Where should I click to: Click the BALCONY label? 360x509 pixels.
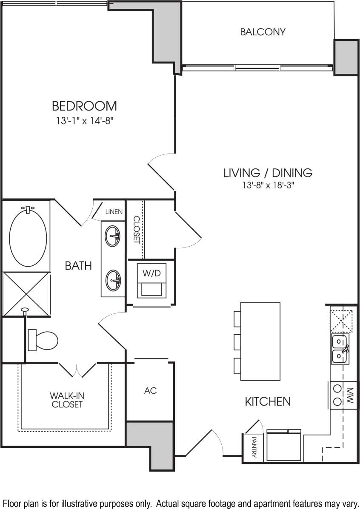pyautogui.click(x=263, y=32)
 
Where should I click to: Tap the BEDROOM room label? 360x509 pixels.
pyautogui.click(x=84, y=105)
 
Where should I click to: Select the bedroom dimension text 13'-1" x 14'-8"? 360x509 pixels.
pyautogui.click(x=84, y=121)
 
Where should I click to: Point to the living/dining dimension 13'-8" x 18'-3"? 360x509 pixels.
pyautogui.click(x=268, y=185)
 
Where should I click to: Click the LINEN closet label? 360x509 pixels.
pyautogui.click(x=114, y=212)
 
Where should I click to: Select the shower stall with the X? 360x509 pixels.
pyautogui.click(x=26, y=293)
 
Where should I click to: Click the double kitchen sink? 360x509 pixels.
pyautogui.click(x=340, y=349)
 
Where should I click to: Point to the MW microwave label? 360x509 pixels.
pyautogui.click(x=350, y=395)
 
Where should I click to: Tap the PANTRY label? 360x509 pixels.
pyautogui.click(x=254, y=447)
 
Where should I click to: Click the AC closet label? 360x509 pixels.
pyautogui.click(x=150, y=390)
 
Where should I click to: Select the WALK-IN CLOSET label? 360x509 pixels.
pyautogui.click(x=67, y=400)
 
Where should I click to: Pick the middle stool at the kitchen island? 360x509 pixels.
pyautogui.click(x=237, y=341)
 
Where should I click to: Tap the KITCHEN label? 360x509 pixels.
pyautogui.click(x=268, y=401)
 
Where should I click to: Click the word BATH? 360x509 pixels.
pyautogui.click(x=78, y=266)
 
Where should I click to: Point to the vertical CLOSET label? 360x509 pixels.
pyautogui.click(x=136, y=230)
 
